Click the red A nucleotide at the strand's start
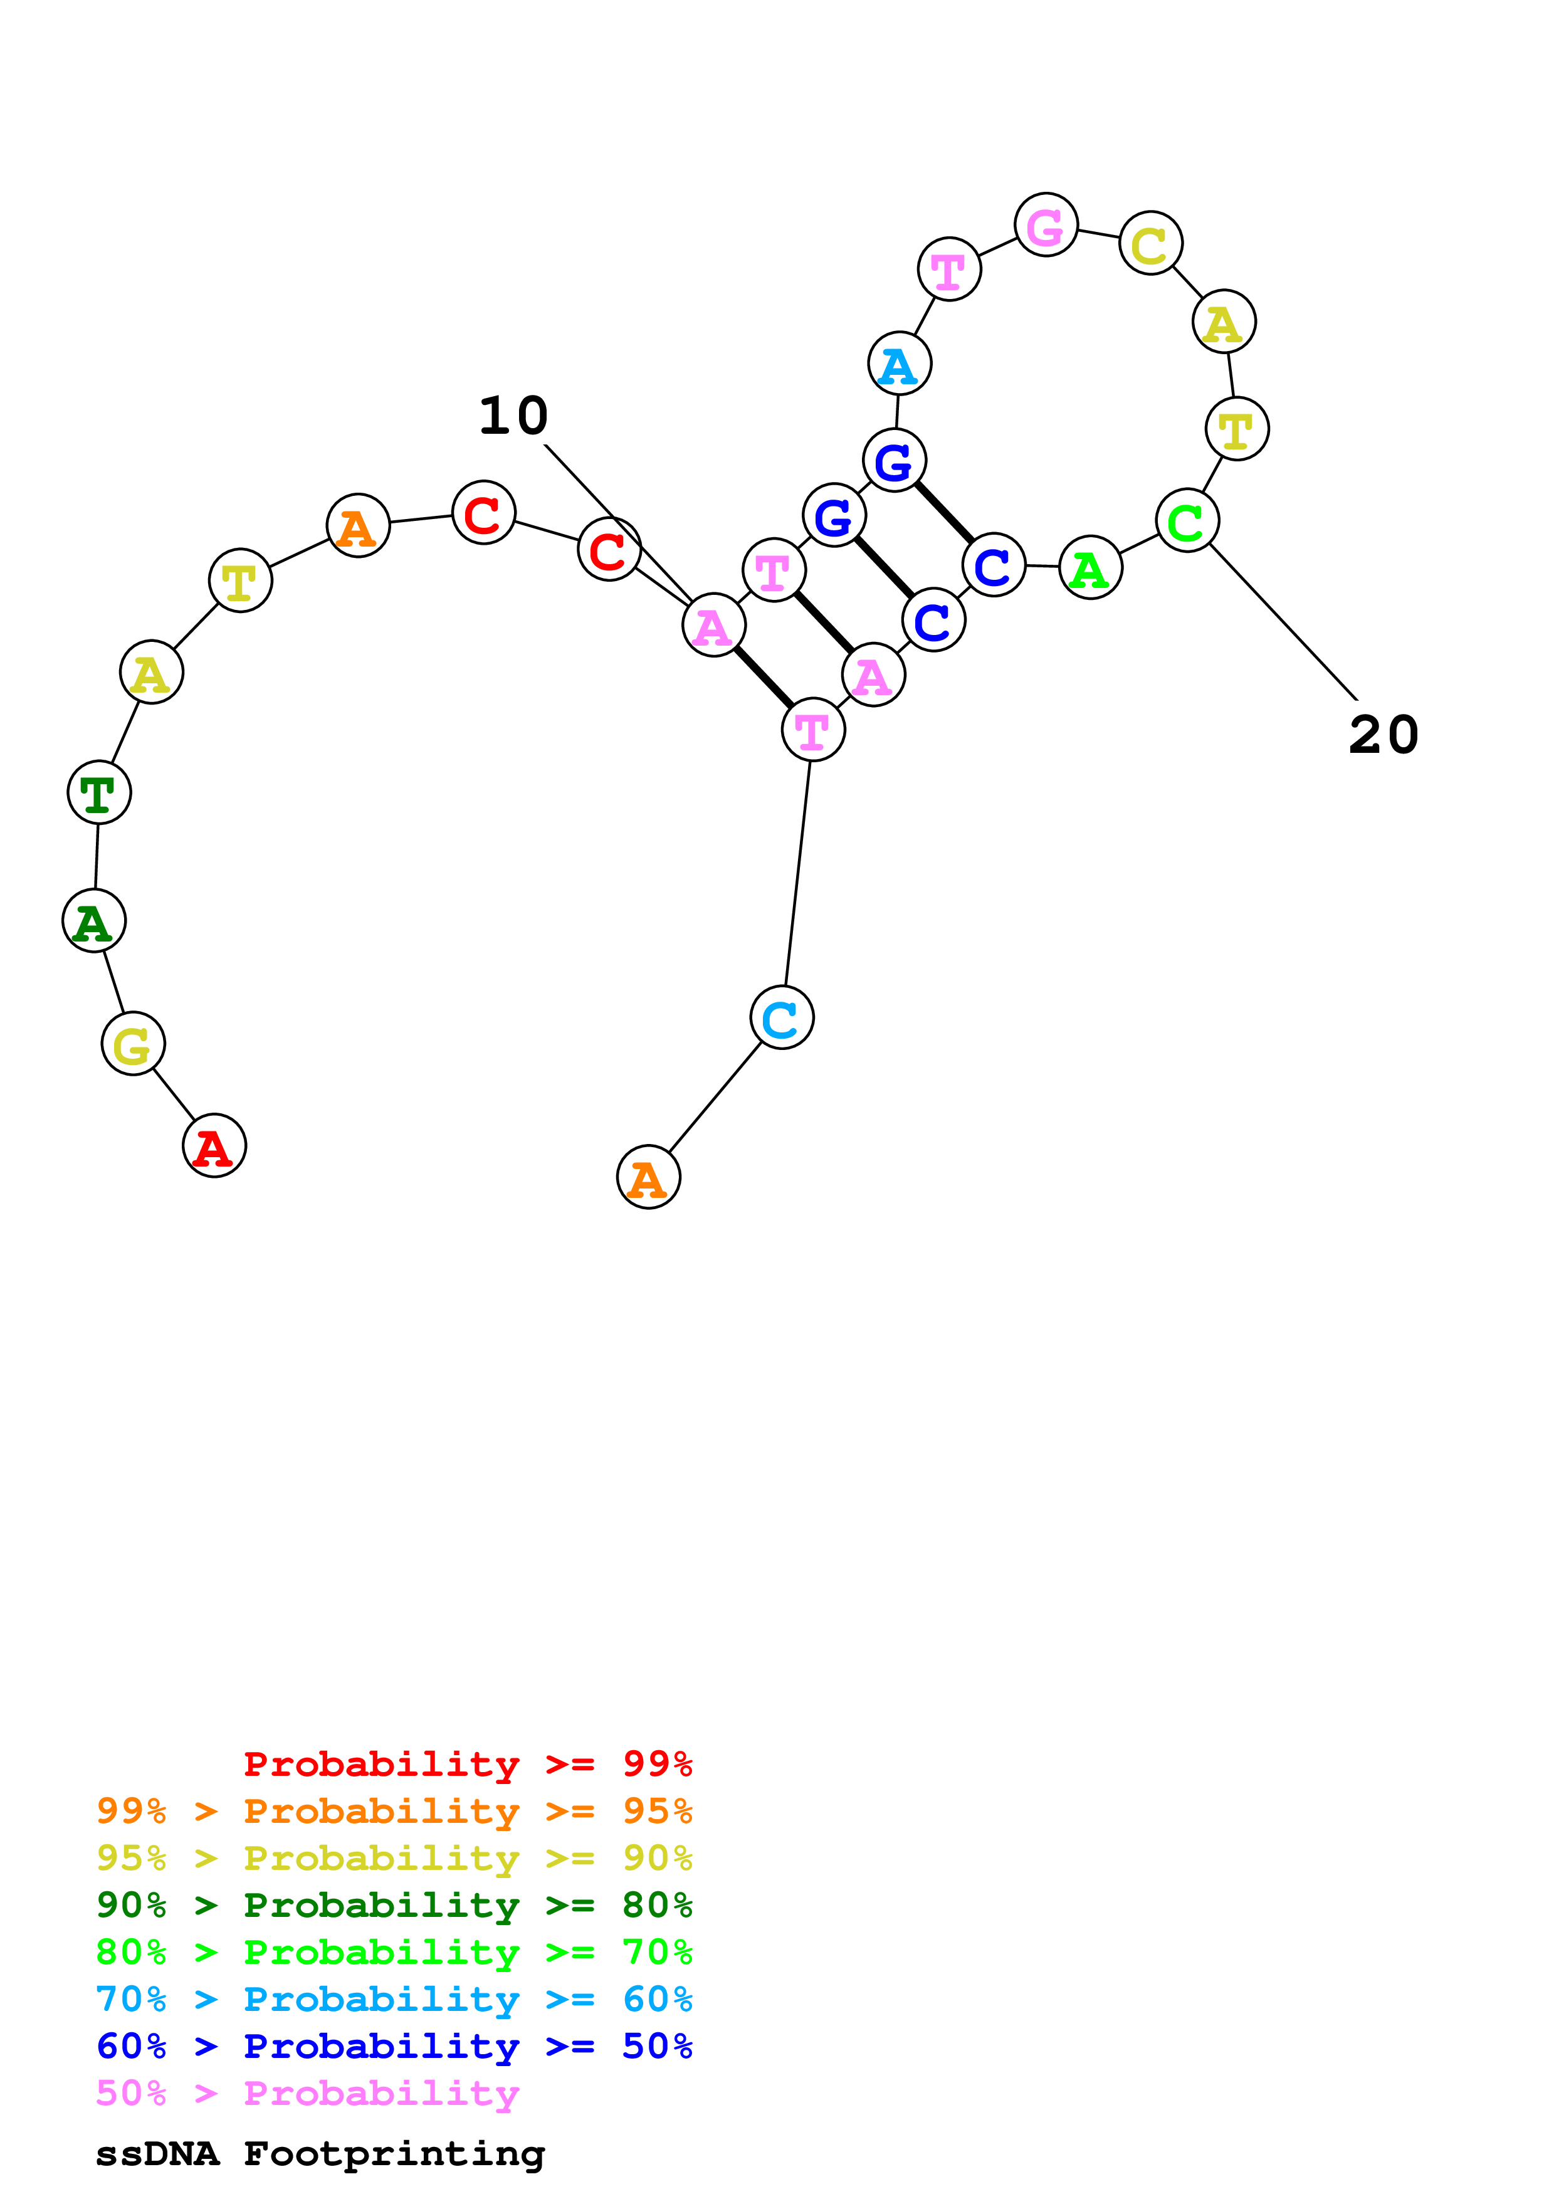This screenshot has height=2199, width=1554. pyautogui.click(x=214, y=1145)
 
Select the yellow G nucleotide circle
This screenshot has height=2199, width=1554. pyautogui.click(x=133, y=1043)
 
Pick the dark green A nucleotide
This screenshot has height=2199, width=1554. pyautogui.click(x=94, y=920)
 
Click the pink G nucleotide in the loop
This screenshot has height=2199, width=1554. pyautogui.click(x=1046, y=225)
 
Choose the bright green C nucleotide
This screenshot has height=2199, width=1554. pyautogui.click(x=1187, y=520)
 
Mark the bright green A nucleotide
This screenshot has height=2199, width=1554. pyautogui.click(x=1091, y=568)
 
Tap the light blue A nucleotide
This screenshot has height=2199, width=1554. pyautogui.click(x=899, y=364)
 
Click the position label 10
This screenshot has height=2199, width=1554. pyautogui.click(x=513, y=416)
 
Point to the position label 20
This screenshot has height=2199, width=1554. pyautogui.click(x=1383, y=735)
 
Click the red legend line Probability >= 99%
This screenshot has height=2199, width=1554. pyautogui.click(x=467, y=1763)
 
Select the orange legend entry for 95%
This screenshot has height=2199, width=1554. pyautogui.click(x=394, y=1811)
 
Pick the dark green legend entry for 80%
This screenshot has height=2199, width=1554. pyautogui.click(x=394, y=1905)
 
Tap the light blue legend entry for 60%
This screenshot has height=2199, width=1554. pyautogui.click(x=394, y=1999)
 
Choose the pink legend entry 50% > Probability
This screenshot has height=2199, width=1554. pyautogui.click(x=307, y=2092)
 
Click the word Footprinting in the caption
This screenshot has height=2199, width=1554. pyautogui.click(x=394, y=2154)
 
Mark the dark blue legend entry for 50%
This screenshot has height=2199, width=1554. pyautogui.click(x=394, y=2046)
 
